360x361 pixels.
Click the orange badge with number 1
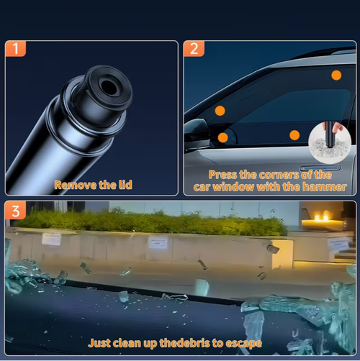click(15, 49)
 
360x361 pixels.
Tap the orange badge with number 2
click(194, 49)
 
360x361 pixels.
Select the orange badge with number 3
click(15, 211)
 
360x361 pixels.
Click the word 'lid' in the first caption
click(125, 185)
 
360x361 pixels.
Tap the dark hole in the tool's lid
click(109, 87)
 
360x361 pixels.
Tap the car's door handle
click(320, 168)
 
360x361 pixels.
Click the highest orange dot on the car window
click(336, 75)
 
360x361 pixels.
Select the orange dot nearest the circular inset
click(294, 135)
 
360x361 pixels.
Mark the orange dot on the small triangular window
click(223, 137)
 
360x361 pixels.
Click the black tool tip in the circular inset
click(330, 134)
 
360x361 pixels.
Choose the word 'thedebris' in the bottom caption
click(184, 343)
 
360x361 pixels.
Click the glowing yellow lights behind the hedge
click(322, 217)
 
